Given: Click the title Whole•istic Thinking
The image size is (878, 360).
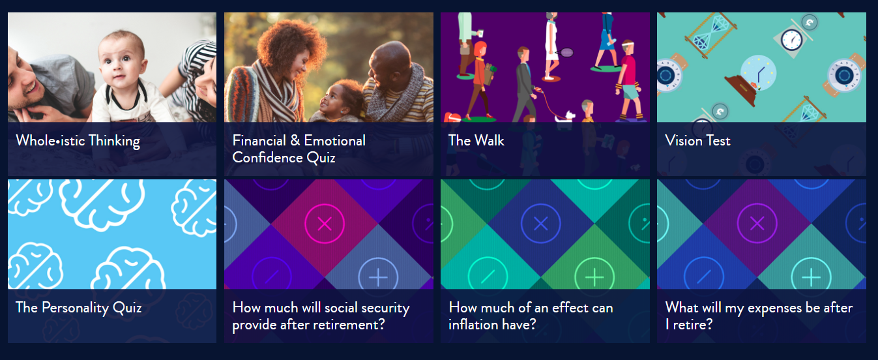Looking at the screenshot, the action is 78,141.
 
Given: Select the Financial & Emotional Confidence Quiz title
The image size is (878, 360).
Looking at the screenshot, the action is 299,149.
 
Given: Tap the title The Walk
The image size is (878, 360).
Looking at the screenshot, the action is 476,140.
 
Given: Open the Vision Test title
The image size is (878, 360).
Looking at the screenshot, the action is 697,140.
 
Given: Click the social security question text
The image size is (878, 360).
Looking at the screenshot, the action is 321,316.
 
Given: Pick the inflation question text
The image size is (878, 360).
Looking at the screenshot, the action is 531,316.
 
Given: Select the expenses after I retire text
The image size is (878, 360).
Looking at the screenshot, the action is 759,316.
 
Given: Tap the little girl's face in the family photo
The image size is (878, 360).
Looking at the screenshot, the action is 332,102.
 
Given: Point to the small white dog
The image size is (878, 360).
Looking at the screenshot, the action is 564,117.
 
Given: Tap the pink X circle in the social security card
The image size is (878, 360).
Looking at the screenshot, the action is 325,224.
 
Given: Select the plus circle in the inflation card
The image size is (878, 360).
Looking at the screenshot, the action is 594,277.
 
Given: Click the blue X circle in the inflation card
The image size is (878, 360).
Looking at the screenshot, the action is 541,224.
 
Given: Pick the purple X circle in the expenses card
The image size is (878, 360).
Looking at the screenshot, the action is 757,224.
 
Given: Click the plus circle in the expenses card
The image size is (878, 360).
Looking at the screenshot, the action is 811,277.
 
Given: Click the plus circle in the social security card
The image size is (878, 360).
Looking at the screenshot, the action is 378,277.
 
